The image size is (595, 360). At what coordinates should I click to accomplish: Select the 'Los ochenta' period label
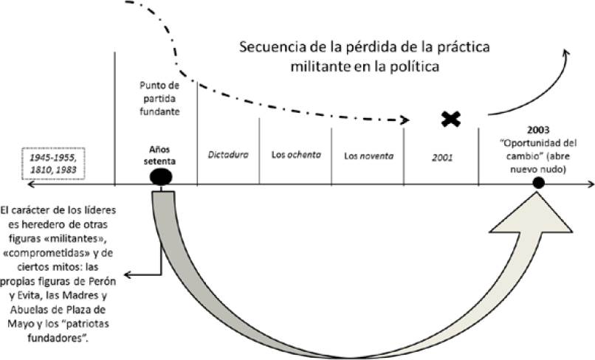(x=295, y=156)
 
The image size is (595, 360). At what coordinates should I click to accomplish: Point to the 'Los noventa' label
(x=368, y=156)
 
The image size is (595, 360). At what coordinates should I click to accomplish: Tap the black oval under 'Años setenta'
(x=161, y=178)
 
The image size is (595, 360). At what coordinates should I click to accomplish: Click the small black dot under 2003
(x=539, y=182)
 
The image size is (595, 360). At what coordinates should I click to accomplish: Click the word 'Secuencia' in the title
(x=268, y=48)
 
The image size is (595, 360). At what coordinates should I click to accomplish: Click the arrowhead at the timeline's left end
(x=4, y=183)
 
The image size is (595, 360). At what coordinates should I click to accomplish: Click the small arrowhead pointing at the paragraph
(x=128, y=276)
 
